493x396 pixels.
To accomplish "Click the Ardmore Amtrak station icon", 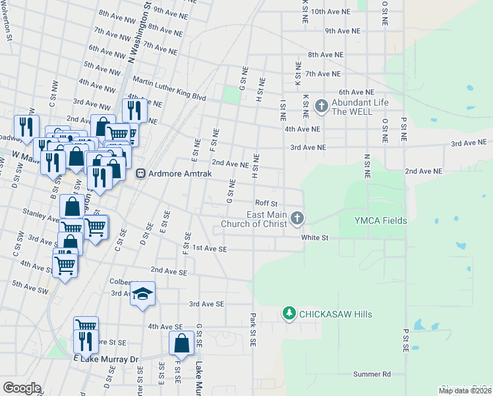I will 140,174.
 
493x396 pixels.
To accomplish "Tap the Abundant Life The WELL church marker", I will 321,105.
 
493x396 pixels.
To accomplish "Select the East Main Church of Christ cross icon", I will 297,217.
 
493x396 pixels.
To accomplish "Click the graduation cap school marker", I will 142,294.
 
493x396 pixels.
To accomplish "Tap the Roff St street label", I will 267,203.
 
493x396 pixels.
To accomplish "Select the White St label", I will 315,238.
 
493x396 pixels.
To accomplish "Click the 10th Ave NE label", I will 328,12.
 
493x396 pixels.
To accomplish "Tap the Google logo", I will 21,388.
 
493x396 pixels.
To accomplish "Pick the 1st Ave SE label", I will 209,249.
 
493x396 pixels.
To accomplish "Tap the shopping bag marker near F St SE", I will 181,343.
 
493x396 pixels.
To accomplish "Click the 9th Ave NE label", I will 343,31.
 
